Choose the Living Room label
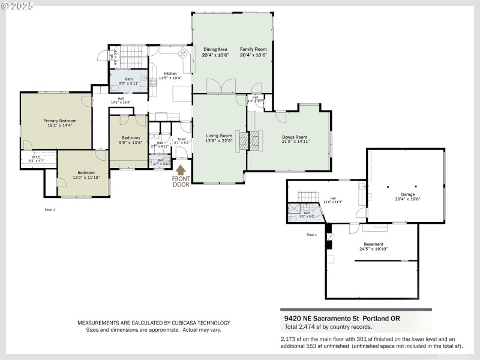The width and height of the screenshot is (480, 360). pyautogui.click(x=218, y=138)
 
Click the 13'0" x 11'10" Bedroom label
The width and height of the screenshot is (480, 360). pyautogui.click(x=83, y=174)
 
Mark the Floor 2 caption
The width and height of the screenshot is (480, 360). pyautogui.click(x=50, y=210)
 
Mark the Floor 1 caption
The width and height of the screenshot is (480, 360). pyautogui.click(x=311, y=235)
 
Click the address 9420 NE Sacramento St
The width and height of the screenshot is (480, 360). pyautogui.click(x=340, y=318)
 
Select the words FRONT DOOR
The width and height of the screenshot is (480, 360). pyautogui.click(x=181, y=181)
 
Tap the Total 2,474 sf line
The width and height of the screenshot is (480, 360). pyautogui.click(x=328, y=327)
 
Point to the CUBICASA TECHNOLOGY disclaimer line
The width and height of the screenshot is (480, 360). pyautogui.click(x=154, y=323)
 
